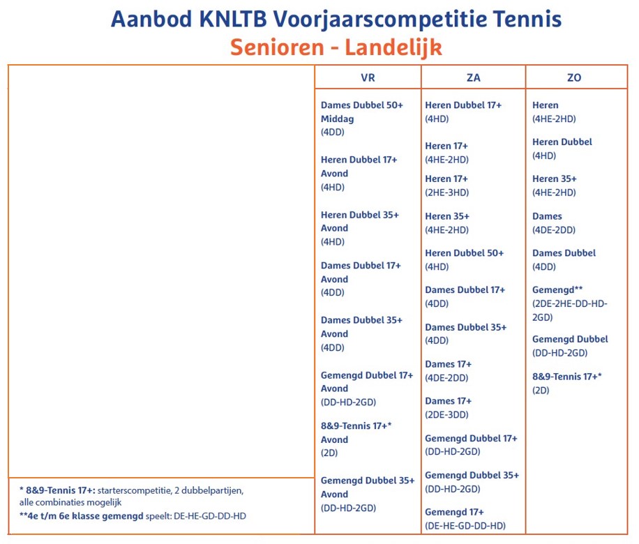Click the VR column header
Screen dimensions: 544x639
pyautogui.click(x=368, y=78)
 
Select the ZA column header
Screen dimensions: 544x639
pyautogui.click(x=473, y=78)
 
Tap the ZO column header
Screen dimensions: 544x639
pyautogui.click(x=574, y=78)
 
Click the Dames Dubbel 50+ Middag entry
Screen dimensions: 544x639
pyautogui.click(x=361, y=112)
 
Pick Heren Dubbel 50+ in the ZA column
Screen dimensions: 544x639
pyautogui.click(x=464, y=253)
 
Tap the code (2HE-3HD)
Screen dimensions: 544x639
pyautogui.click(x=446, y=192)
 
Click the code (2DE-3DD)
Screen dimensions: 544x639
pyautogui.click(x=446, y=414)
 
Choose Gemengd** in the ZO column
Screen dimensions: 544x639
pyautogui.click(x=557, y=289)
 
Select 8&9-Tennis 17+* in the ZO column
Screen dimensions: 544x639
pyautogui.click(x=566, y=377)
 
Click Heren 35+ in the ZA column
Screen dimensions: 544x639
pyautogui.click(x=447, y=216)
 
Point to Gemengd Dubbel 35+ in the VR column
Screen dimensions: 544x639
pyautogui.click(x=367, y=481)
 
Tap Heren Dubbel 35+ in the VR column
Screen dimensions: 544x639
pyautogui.click(x=360, y=215)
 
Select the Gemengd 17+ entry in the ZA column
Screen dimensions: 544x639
pyautogui.click(x=454, y=512)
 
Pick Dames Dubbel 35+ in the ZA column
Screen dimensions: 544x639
pyautogui.click(x=465, y=327)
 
